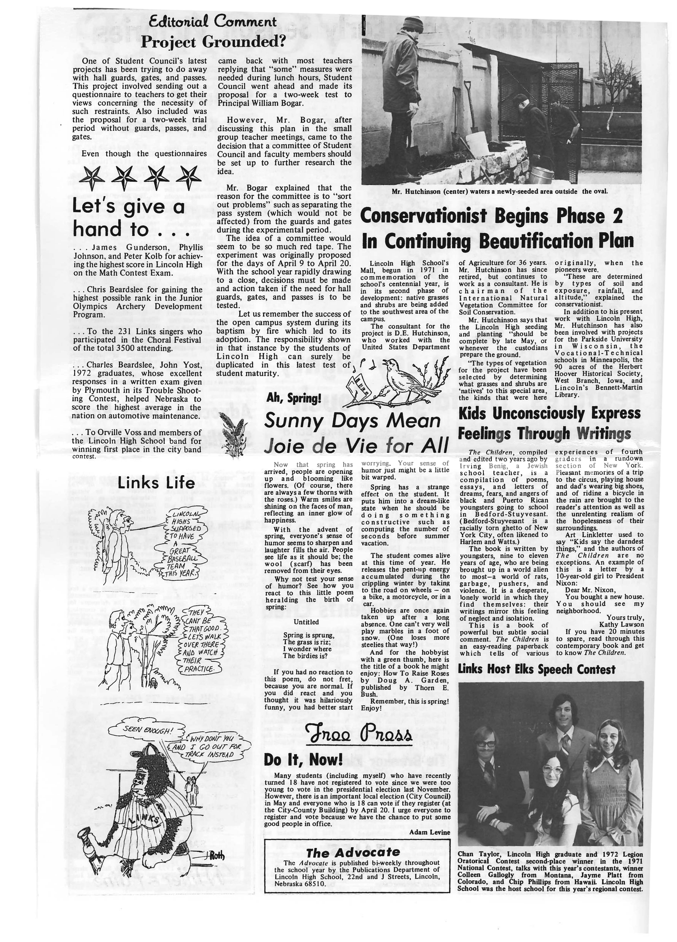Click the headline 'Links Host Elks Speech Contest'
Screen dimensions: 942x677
(536, 670)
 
